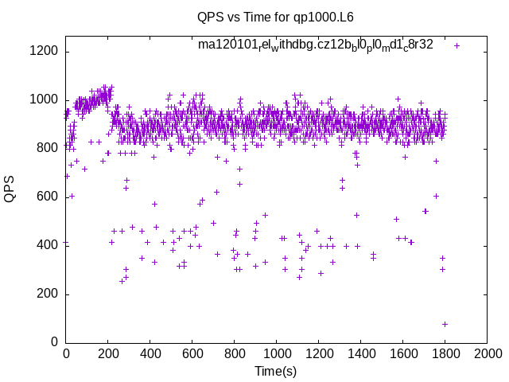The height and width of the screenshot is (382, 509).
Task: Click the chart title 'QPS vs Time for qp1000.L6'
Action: pos(265,16)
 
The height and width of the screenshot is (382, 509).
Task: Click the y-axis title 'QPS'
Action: pos(10,190)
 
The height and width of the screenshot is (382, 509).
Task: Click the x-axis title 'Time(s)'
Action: pos(275,371)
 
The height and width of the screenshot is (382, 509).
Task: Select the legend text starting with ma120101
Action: pos(316,45)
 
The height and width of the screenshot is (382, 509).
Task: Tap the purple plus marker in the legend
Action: pos(457,45)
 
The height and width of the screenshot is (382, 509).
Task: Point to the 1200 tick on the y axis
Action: pos(43,51)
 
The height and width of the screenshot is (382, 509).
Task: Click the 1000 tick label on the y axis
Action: pos(43,99)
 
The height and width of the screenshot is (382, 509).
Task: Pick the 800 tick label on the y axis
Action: pos(46,148)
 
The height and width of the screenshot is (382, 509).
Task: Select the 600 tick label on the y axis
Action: pos(46,197)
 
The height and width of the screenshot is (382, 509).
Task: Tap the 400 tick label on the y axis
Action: pos(46,245)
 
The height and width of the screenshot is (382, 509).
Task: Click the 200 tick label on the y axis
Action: pos(46,294)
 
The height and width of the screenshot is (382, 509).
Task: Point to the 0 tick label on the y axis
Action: pos(53,342)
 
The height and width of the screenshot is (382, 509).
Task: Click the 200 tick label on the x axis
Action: pos(108,354)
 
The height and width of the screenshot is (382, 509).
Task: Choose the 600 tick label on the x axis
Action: pos(192,354)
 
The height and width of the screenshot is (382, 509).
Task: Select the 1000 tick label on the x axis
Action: pos(277,354)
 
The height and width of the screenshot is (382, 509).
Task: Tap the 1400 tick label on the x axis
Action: pos(360,354)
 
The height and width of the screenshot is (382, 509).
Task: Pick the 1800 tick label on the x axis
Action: pos(445,354)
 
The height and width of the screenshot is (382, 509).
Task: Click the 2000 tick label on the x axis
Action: pos(487,354)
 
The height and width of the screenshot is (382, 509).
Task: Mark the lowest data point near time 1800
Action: pos(445,324)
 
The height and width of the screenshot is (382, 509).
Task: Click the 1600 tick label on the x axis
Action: pos(402,354)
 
